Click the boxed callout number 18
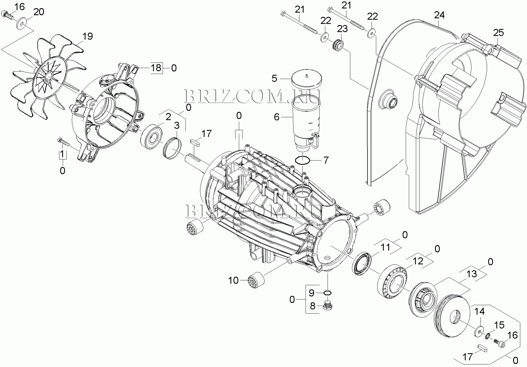(x=156, y=68)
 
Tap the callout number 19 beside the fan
(x=87, y=36)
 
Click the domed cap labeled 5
(x=307, y=79)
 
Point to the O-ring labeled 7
(x=302, y=161)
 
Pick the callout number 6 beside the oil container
(x=277, y=117)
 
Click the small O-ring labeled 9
(x=327, y=293)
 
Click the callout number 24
(x=439, y=15)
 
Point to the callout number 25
(x=498, y=33)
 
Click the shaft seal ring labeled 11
(x=362, y=263)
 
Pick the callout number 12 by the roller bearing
(x=418, y=261)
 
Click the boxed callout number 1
(x=62, y=154)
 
